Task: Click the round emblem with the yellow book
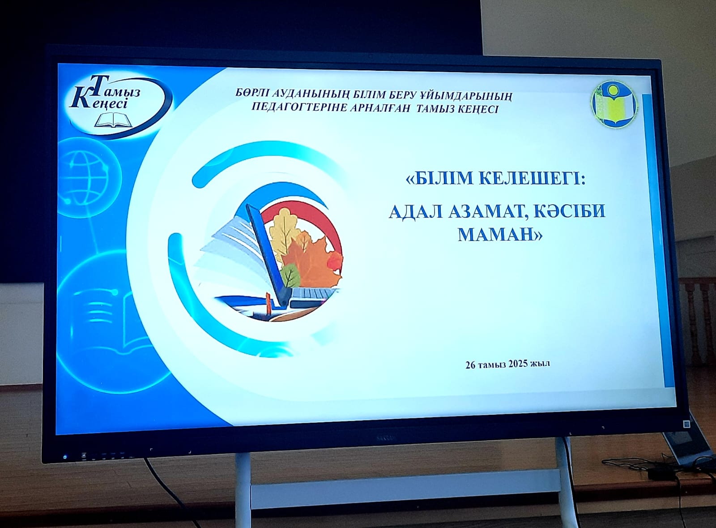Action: click(x=614, y=105)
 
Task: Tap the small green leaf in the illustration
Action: click(x=290, y=275)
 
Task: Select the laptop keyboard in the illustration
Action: click(x=315, y=294)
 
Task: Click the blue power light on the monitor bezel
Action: click(x=65, y=457)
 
